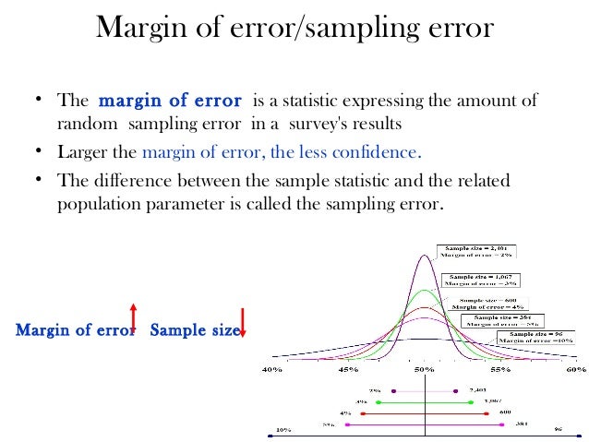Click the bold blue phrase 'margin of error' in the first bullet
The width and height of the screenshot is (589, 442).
click(170, 101)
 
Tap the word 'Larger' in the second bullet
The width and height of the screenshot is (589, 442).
click(86, 151)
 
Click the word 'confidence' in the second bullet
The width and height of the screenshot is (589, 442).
click(378, 151)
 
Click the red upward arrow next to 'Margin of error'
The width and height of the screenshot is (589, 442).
click(133, 315)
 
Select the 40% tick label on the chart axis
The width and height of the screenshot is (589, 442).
click(273, 369)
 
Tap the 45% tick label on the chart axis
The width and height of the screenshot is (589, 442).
click(348, 369)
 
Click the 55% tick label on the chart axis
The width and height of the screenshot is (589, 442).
click(499, 369)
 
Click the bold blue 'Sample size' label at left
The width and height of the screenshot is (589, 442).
click(194, 329)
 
